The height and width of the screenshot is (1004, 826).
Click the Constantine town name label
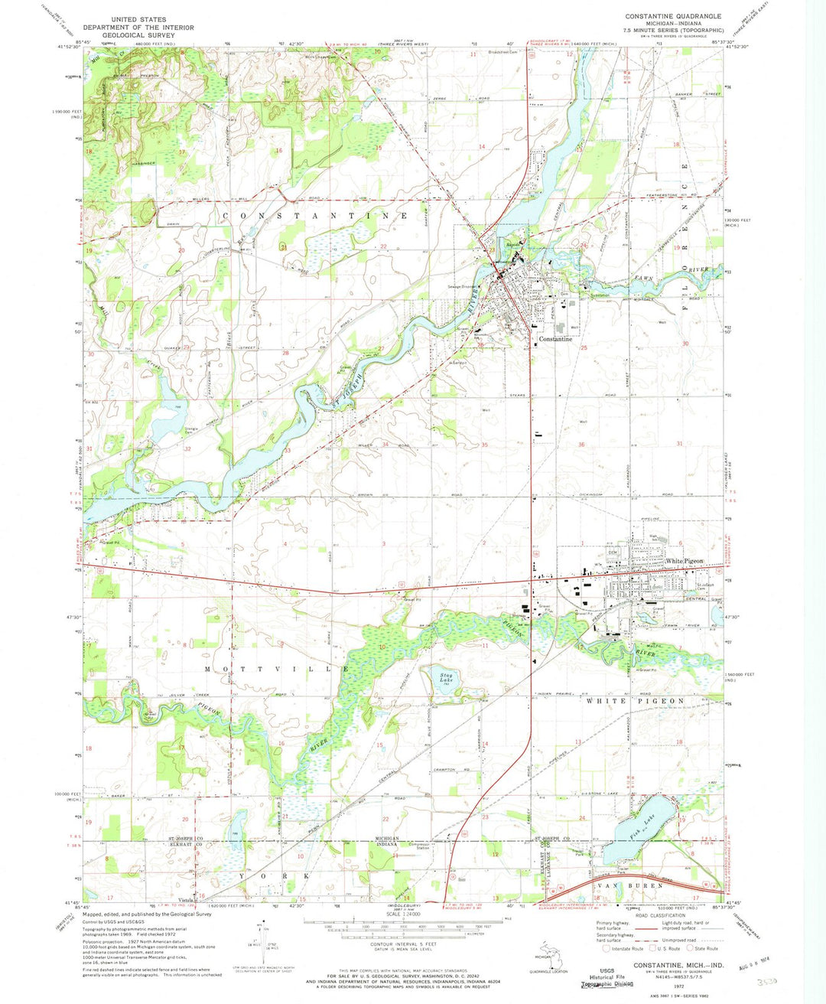click(x=556, y=339)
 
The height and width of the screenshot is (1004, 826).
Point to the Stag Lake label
click(x=449, y=676)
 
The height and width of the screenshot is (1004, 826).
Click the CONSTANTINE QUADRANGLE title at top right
click(x=672, y=16)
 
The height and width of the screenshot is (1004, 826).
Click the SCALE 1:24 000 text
click(x=405, y=914)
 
